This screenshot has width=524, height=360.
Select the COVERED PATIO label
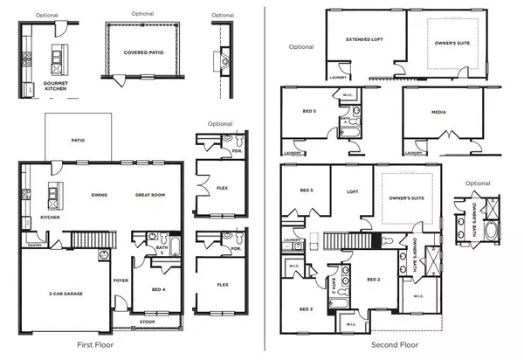[140, 52]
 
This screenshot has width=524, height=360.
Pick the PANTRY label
[34, 247]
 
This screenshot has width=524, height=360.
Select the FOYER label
[121, 280]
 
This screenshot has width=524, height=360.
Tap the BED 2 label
[372, 280]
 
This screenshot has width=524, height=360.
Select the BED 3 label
[306, 309]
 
